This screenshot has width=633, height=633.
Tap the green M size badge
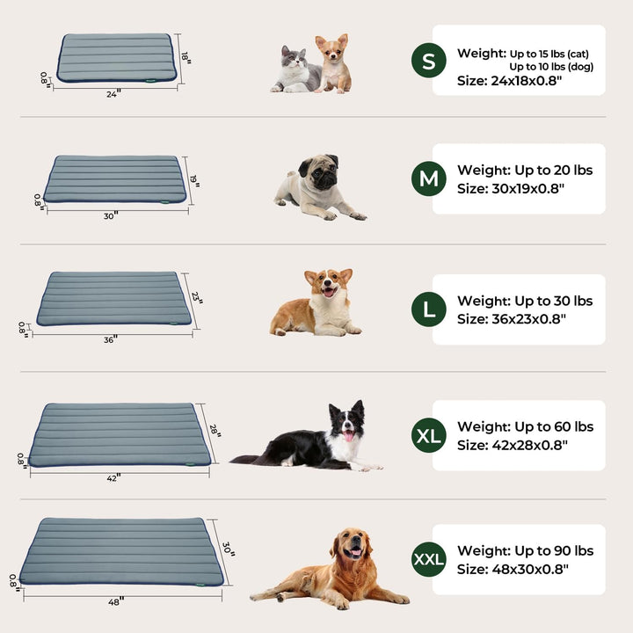pyautogui.click(x=428, y=179)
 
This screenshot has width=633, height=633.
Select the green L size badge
pyautogui.click(x=428, y=309)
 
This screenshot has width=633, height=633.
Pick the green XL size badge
pyautogui.click(x=429, y=435)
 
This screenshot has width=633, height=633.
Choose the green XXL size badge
pyautogui.click(x=429, y=559)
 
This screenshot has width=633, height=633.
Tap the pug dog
pyautogui.click(x=316, y=187)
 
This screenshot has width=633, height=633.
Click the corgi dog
pyautogui.click(x=318, y=302)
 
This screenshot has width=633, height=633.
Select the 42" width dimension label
pyautogui.click(x=113, y=477)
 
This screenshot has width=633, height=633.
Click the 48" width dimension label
pyautogui.click(x=116, y=600)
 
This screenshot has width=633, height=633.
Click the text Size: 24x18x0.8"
pyautogui.click(x=510, y=80)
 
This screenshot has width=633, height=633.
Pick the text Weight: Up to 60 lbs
pyautogui.click(x=525, y=427)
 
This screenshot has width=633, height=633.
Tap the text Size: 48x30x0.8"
pyautogui.click(x=513, y=569)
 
